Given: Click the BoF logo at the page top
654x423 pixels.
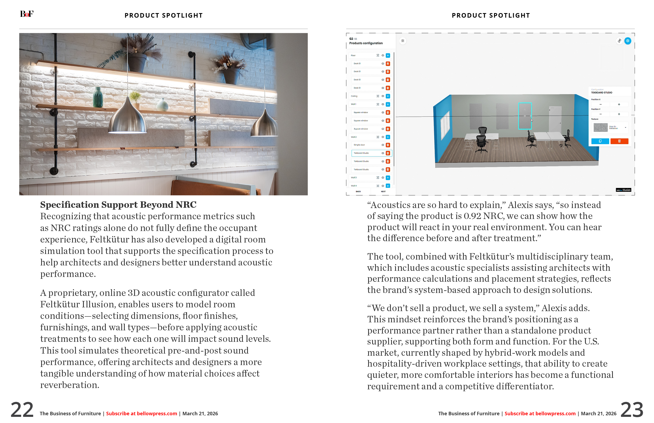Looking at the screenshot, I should (x=27, y=14).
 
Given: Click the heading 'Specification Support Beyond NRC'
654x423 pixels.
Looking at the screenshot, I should (x=118, y=205).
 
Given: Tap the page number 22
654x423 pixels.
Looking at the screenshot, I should (x=22, y=410).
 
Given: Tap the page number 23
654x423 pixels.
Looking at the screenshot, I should (x=632, y=410).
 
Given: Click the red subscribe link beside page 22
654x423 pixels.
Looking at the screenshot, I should (x=142, y=413).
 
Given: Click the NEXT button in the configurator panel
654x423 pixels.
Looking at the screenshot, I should (x=383, y=191).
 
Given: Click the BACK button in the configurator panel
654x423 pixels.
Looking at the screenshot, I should (x=358, y=191).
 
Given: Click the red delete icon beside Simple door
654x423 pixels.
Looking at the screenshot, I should (x=388, y=145).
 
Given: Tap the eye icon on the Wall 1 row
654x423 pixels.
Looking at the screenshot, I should (x=383, y=104).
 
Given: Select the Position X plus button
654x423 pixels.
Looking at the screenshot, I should (x=619, y=104).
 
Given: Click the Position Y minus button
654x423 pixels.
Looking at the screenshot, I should (x=600, y=114).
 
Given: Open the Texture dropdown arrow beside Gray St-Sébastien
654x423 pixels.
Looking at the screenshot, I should (x=625, y=127).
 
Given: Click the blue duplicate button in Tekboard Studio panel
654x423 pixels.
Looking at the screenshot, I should (x=600, y=141).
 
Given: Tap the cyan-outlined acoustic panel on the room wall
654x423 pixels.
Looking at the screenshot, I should (x=525, y=116).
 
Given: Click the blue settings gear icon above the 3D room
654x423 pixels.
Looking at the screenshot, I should (x=628, y=41).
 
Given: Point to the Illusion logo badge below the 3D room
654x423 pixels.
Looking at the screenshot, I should (x=623, y=190).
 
